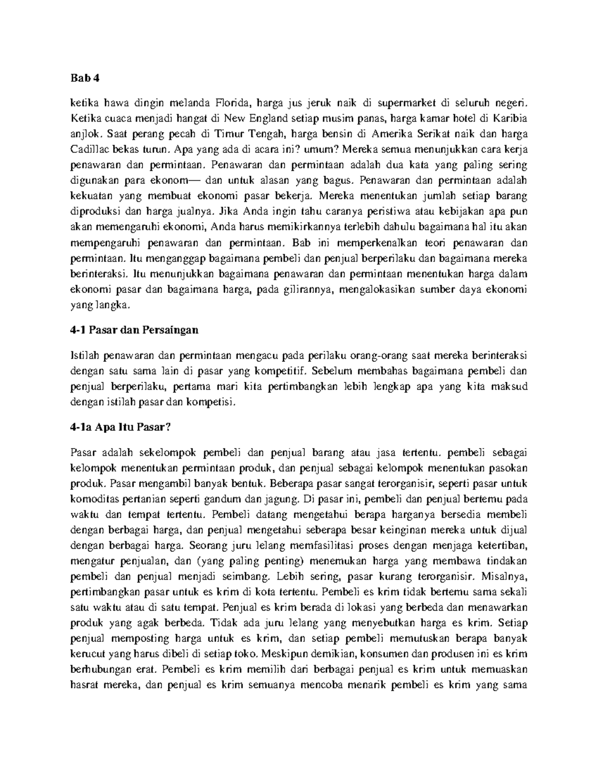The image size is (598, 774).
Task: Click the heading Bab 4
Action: point(82,77)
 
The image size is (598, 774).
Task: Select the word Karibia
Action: point(510,119)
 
